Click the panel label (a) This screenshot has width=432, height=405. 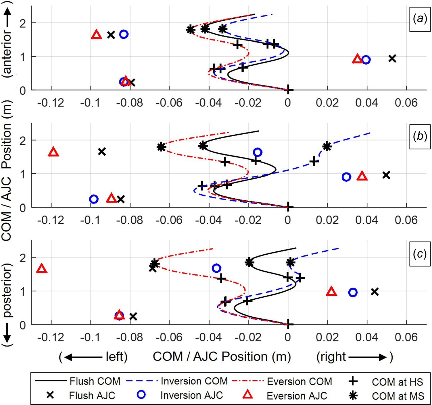pyautogui.click(x=420, y=19)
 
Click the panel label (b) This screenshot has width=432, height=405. pyautogui.click(x=420, y=136)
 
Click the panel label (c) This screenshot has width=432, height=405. pyautogui.click(x=420, y=254)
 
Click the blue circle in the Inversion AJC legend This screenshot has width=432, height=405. pyautogui.click(x=141, y=395)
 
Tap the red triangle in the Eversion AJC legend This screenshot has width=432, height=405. pyautogui.click(x=248, y=395)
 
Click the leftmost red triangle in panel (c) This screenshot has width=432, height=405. pyautogui.click(x=42, y=269)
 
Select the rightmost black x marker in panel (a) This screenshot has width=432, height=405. pyautogui.click(x=392, y=59)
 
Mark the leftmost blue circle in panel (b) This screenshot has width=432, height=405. pyautogui.click(x=94, y=199)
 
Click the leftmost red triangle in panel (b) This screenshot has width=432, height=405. pyautogui.click(x=54, y=152)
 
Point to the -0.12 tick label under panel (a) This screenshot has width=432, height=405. pyautogui.click(x=51, y=103)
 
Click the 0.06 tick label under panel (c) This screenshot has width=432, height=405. pyautogui.click(x=406, y=337)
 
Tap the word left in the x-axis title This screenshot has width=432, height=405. pyautogui.click(x=116, y=357)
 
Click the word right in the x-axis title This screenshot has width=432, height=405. pyautogui.click(x=331, y=357)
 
